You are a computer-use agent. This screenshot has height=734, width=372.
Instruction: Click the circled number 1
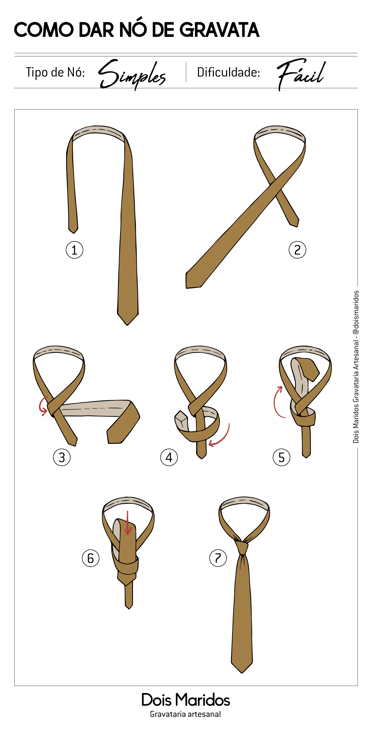(74, 250)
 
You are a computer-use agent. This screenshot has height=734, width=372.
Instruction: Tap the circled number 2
(297, 250)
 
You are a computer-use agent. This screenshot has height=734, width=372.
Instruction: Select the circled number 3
(62, 457)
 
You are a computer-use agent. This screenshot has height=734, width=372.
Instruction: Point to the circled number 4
(169, 457)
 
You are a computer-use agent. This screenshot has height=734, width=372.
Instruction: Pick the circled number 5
(281, 457)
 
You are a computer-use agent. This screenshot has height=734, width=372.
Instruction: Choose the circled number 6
(90, 558)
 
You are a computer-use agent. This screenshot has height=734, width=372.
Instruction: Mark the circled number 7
(218, 558)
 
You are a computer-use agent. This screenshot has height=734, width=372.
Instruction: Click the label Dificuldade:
(229, 72)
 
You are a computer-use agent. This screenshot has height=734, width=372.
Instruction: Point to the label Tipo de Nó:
(55, 72)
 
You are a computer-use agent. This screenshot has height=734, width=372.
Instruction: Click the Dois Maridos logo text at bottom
(186, 700)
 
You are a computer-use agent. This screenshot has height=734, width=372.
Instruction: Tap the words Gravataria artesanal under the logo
(185, 714)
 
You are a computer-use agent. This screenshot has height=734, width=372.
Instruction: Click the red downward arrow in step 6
(128, 523)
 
